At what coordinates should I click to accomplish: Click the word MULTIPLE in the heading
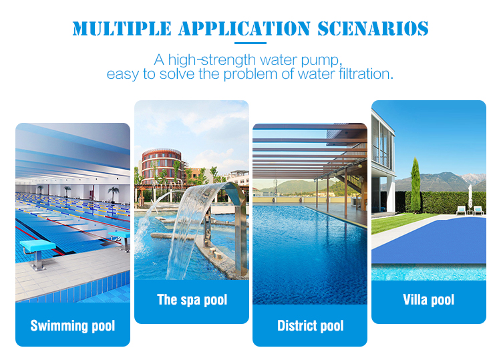tap(122, 29)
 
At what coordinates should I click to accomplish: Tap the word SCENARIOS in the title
tap(373, 29)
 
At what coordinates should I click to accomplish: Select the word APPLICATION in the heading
tap(244, 29)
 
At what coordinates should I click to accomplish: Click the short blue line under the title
tap(251, 43)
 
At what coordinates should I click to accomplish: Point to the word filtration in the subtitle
tap(366, 73)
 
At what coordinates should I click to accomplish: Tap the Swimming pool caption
tap(73, 326)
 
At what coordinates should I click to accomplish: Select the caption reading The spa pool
tap(192, 300)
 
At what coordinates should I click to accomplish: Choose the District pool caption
tap(310, 326)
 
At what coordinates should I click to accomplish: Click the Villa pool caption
tap(428, 300)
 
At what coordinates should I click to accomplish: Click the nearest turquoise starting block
tap(37, 252)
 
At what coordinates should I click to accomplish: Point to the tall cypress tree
tap(415, 185)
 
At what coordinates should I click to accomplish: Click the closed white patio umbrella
tap(470, 197)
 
